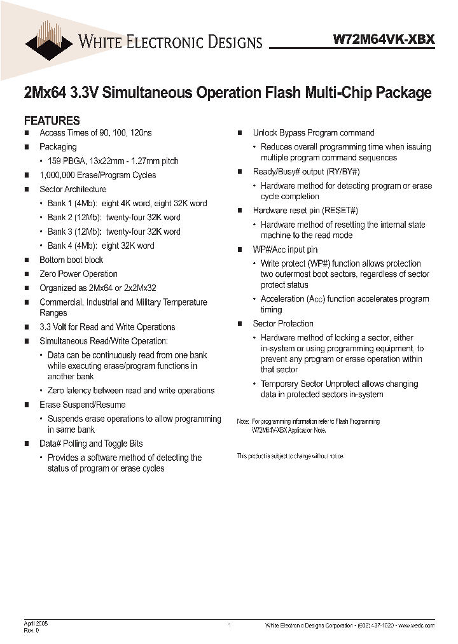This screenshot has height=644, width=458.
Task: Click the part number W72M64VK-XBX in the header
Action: (x=384, y=39)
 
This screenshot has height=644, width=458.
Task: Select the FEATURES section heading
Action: (x=52, y=120)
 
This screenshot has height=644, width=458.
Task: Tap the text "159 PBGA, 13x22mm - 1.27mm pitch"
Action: (x=113, y=161)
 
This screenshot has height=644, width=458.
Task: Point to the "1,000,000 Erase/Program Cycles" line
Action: (x=97, y=175)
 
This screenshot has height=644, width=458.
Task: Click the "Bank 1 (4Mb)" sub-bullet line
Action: (x=127, y=203)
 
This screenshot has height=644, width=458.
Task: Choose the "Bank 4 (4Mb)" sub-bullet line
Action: (x=101, y=246)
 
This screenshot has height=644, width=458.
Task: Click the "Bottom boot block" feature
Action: (x=71, y=260)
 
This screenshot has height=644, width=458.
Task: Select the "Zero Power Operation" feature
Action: (x=78, y=274)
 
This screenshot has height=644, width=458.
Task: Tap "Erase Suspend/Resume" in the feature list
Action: (x=82, y=405)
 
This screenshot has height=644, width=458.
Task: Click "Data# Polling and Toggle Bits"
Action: (x=91, y=444)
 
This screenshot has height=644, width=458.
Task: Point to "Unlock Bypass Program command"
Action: (x=314, y=133)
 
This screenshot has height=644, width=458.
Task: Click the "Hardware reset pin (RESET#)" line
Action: (x=305, y=211)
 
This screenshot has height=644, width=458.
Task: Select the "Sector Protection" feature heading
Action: (x=283, y=324)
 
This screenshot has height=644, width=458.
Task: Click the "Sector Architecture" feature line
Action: (x=73, y=189)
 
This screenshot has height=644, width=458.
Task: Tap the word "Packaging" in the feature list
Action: (x=58, y=147)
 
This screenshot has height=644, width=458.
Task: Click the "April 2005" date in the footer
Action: (x=36, y=624)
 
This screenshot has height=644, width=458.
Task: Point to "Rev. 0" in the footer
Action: (x=32, y=631)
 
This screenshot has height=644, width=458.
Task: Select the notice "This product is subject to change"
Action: (x=291, y=456)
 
